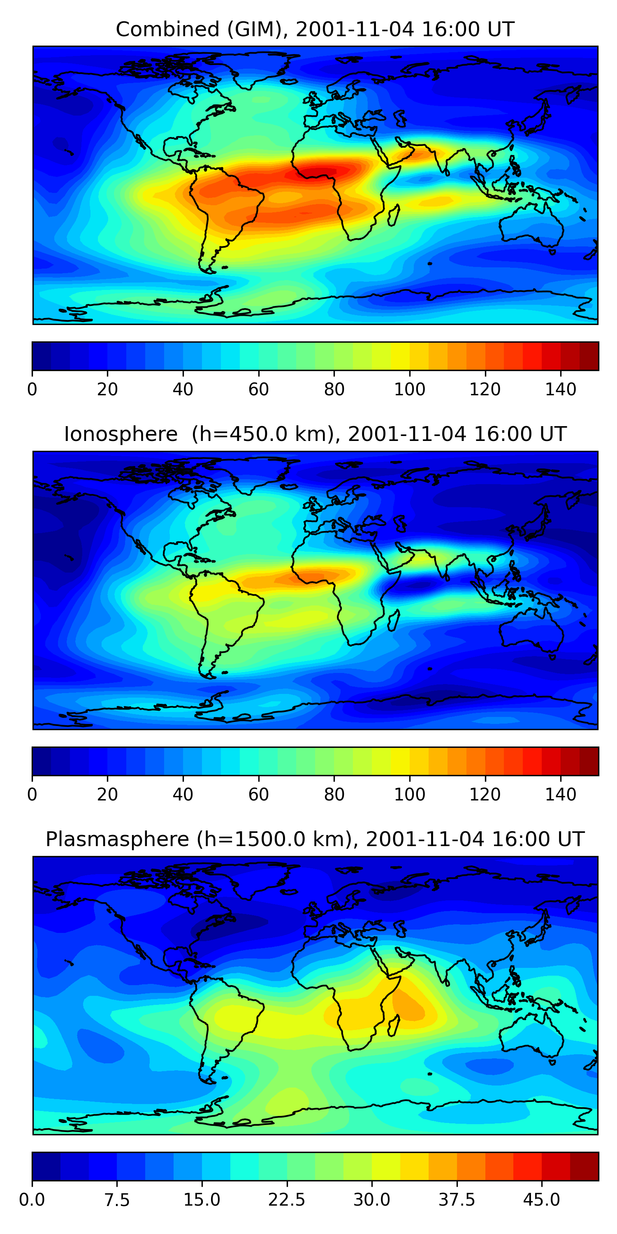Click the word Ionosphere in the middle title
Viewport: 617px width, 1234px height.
coord(121,434)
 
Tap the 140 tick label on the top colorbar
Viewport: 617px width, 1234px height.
coord(561,390)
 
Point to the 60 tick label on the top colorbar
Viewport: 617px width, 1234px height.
coord(259,390)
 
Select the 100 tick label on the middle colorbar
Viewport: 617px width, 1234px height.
coord(410,794)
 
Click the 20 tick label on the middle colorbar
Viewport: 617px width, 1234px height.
coord(107,794)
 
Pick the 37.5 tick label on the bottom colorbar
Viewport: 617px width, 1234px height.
coord(457,1200)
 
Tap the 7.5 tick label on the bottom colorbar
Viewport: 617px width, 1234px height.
coord(117,1200)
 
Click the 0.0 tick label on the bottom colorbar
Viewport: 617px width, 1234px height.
coord(32,1200)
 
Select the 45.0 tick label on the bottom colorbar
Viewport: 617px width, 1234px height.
coord(541,1200)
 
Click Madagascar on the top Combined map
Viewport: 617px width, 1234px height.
coord(394,216)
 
